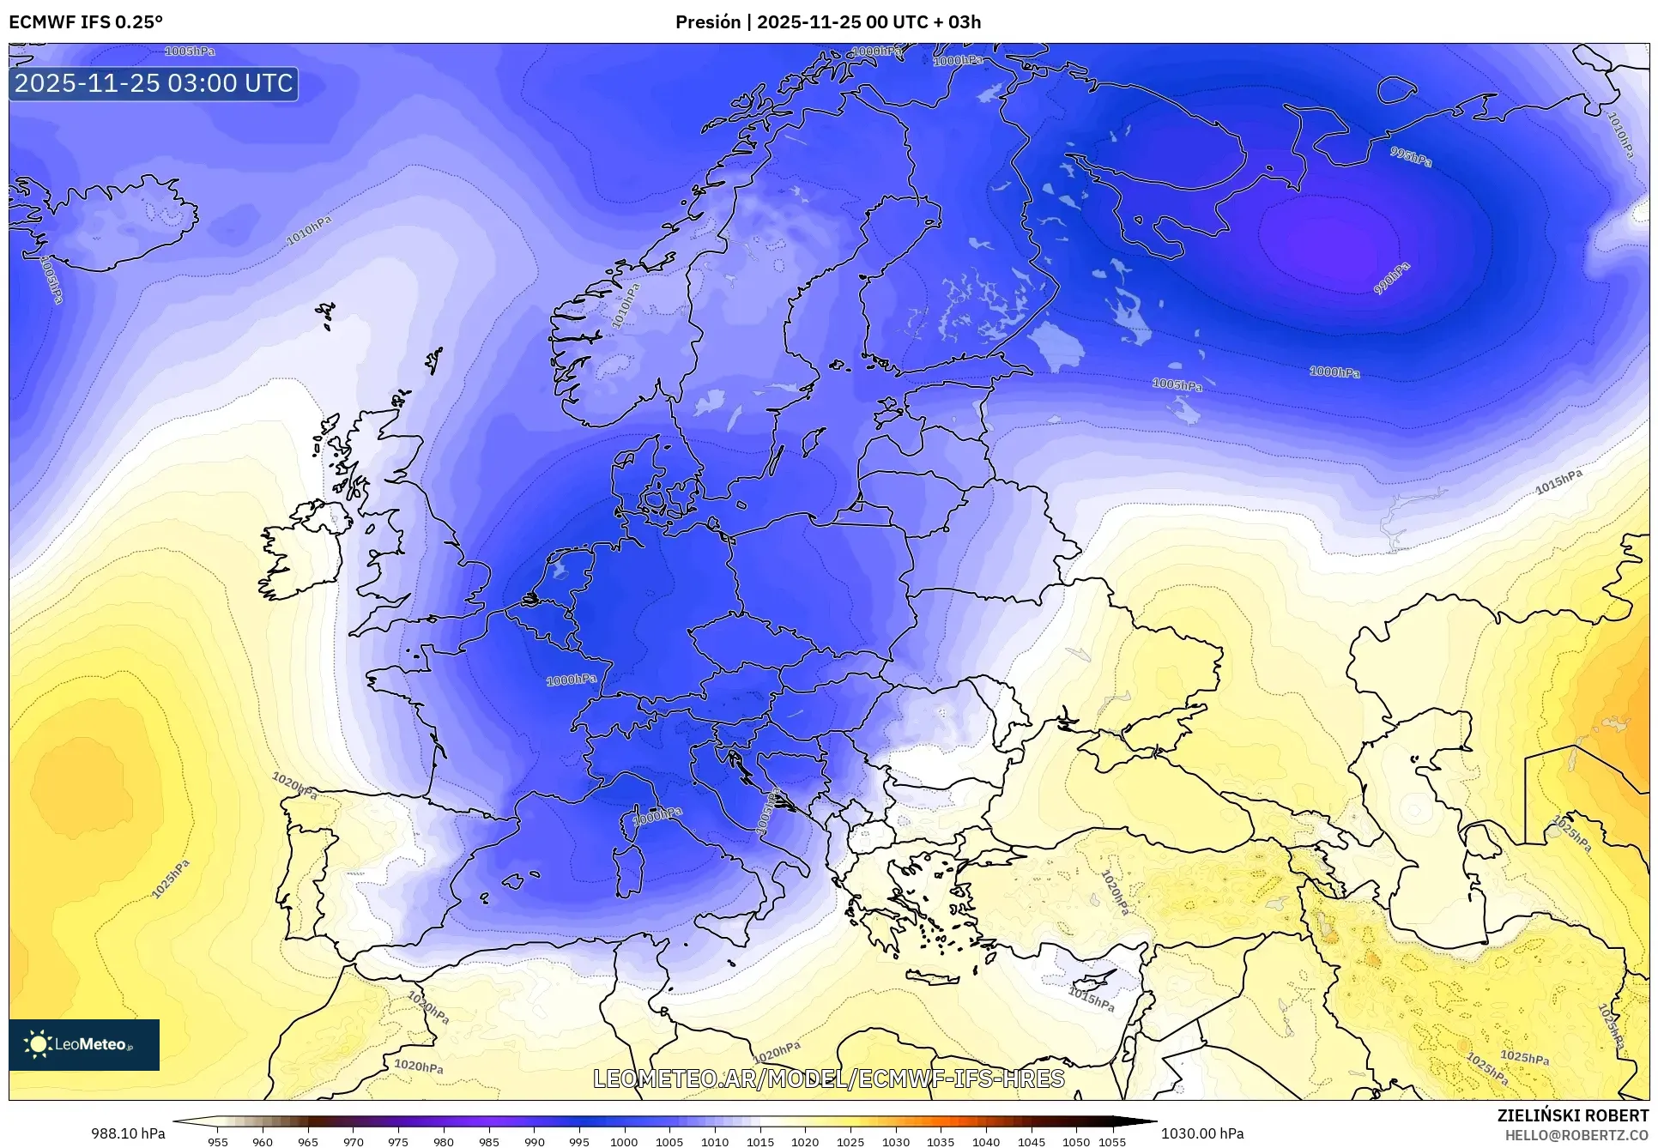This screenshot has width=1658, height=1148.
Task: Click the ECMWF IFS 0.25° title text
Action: tap(86, 22)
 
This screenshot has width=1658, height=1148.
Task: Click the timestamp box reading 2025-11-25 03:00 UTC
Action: tap(154, 83)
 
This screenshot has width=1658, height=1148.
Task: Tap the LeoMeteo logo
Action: tap(84, 1044)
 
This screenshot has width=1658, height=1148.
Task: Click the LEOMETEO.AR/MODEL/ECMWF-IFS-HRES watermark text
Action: tap(829, 1079)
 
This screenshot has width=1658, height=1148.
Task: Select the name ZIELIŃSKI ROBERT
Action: tap(1572, 1115)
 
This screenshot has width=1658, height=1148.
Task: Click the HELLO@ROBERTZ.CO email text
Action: tap(1576, 1135)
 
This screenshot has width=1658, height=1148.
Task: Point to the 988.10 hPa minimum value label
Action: tap(128, 1133)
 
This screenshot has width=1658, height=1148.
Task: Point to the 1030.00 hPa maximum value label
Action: tap(1201, 1133)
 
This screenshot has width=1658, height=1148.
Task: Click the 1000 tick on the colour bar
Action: tap(624, 1142)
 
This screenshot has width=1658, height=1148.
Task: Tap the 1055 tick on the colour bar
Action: tap(1112, 1142)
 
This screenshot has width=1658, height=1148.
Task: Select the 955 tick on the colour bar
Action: tap(218, 1142)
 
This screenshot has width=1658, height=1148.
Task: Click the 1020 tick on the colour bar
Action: tap(805, 1142)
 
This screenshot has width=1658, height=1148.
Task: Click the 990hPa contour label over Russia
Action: tap(1391, 279)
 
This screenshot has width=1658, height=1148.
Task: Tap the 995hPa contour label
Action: tap(1411, 157)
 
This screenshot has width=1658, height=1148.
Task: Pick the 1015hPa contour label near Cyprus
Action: tap(1091, 999)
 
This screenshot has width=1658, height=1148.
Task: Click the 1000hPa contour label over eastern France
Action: tap(572, 680)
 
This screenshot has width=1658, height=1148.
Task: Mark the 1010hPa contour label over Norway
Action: tap(626, 306)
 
